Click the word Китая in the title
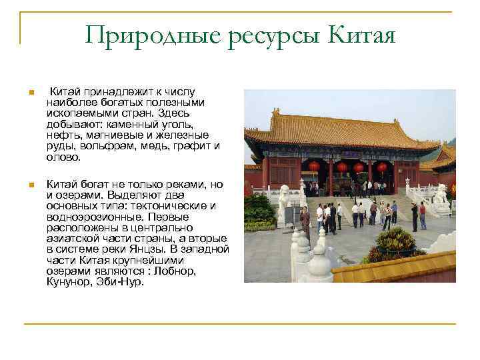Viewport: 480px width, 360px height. click(363, 35)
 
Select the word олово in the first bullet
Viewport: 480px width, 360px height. click(63, 157)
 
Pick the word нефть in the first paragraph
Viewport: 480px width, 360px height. click(61, 135)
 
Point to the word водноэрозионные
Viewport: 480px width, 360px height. click(88, 217)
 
